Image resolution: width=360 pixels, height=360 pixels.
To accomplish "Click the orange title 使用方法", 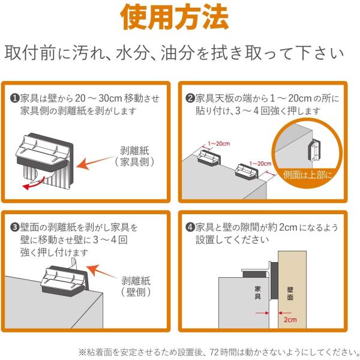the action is pyautogui.click(x=175, y=17).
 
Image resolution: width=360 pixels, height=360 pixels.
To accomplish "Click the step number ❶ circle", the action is pyautogui.click(x=14, y=98).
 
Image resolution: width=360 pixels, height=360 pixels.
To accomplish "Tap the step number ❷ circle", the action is pyautogui.click(x=190, y=98).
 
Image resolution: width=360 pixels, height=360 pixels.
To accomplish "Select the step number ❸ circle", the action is pyautogui.click(x=14, y=227).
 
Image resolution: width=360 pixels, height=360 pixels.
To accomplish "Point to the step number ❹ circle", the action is pyautogui.click(x=190, y=227).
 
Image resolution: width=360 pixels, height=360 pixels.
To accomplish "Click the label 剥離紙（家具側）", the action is pyautogui.click(x=134, y=157).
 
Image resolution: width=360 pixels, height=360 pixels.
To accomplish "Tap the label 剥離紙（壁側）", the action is pyautogui.click(x=136, y=286).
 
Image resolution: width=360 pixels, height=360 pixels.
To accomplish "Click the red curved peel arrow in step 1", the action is pyautogui.click(x=34, y=183).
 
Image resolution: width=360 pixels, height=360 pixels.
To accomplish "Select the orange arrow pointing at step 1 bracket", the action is pyautogui.click(x=95, y=163).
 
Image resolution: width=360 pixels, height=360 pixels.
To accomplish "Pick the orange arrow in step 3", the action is pyautogui.click(x=101, y=271).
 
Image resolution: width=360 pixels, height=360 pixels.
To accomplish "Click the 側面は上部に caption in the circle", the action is pyautogui.click(x=308, y=175).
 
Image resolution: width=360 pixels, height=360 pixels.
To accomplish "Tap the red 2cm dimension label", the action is pyautogui.click(x=290, y=320).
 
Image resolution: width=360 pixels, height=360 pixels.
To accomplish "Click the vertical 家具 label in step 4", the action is pyautogui.click(x=257, y=293).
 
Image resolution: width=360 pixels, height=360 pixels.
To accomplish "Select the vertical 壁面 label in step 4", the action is pyautogui.click(x=290, y=293).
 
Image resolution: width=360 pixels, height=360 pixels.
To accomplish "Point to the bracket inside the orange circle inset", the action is pyautogui.click(x=314, y=150).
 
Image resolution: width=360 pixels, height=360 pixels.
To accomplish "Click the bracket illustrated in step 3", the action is pyautogui.click(x=64, y=281).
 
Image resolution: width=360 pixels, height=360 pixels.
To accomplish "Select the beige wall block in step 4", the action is pyautogui.click(x=292, y=290).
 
